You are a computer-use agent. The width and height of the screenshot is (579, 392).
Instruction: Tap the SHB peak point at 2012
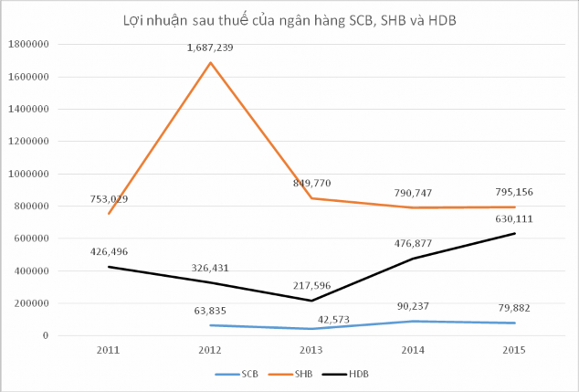[x=212, y=63]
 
